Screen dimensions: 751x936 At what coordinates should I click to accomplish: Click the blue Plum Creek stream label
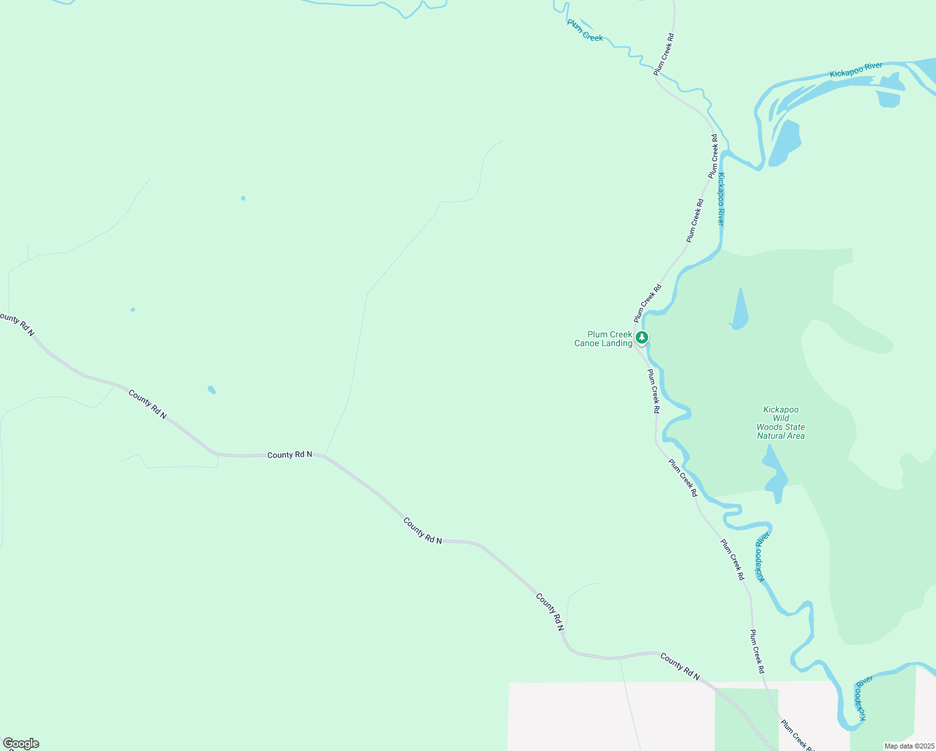click(585, 31)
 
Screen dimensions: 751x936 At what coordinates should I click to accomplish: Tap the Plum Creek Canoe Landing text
click(603, 339)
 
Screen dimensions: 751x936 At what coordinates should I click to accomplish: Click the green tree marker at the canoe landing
click(641, 338)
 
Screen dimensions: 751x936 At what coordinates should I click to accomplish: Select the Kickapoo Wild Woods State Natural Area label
click(780, 423)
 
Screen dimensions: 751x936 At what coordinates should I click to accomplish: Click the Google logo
click(21, 743)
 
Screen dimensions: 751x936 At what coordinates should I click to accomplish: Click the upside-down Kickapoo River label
click(761, 557)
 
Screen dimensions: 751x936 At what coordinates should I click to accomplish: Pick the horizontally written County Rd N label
click(289, 454)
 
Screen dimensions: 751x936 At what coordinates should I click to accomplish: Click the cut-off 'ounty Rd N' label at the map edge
click(17, 324)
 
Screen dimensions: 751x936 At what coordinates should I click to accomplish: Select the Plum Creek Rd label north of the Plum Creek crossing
click(664, 55)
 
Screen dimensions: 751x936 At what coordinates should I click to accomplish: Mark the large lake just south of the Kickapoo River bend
click(785, 143)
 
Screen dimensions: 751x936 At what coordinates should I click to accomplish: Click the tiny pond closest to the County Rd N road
click(211, 390)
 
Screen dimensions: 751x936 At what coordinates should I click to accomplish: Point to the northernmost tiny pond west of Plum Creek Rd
click(243, 198)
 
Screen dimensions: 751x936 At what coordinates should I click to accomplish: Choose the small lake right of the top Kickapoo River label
click(889, 98)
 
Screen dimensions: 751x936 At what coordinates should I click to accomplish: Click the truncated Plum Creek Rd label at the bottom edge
click(796, 736)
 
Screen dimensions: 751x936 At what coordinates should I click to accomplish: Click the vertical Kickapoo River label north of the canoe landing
click(721, 198)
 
